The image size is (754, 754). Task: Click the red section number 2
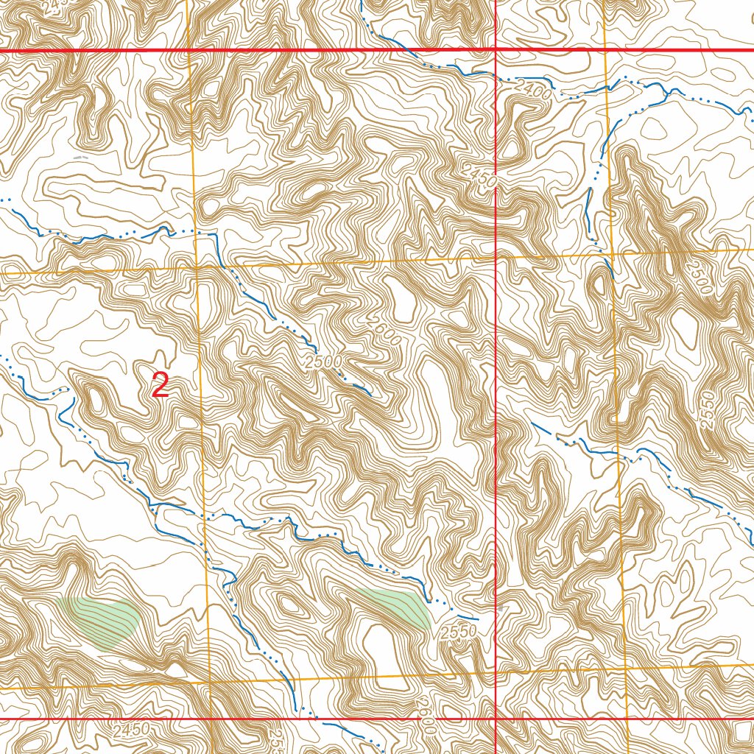161,386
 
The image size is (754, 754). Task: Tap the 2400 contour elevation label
532,90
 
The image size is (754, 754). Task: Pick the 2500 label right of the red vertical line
698,275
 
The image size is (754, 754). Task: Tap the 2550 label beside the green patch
459,632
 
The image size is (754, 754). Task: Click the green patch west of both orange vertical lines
99,620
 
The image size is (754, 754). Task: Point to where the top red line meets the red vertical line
496,50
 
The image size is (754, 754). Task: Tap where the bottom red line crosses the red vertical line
496,719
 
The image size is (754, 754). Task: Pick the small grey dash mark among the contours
81,157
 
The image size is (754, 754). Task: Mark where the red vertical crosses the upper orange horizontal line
496,258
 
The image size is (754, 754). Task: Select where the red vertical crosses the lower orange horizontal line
496,672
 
